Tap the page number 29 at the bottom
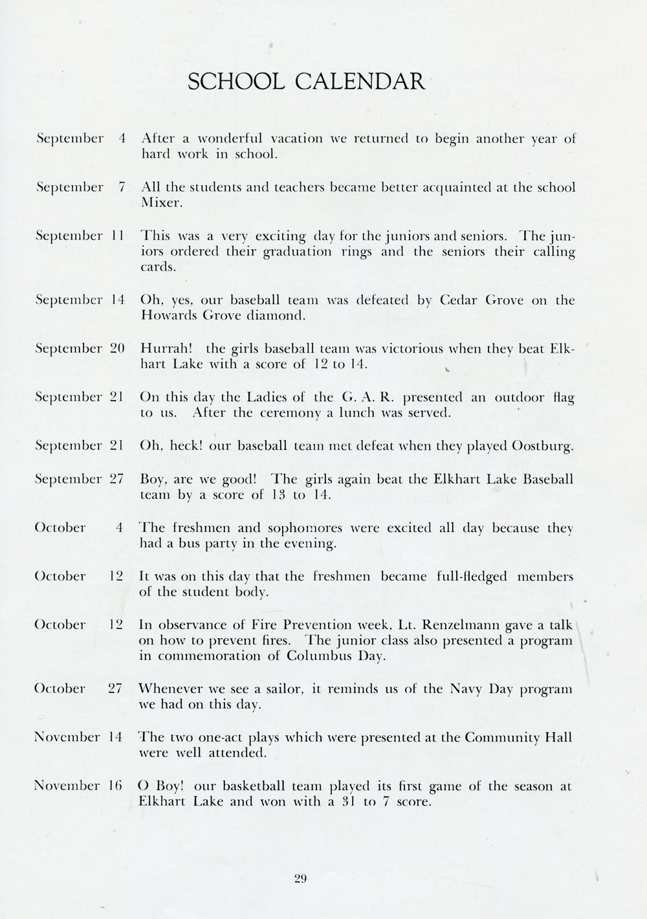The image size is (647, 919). (300, 878)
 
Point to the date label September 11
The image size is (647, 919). (80, 236)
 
